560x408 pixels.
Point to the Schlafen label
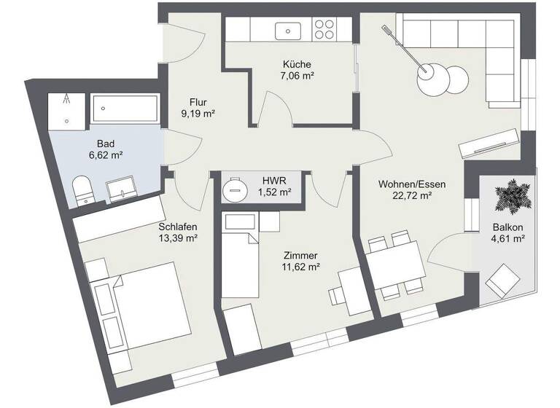coord(178,226)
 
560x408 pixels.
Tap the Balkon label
coord(507,226)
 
